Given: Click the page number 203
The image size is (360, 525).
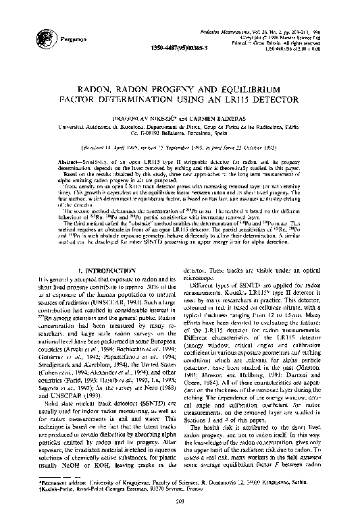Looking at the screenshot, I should pos(180,518).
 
